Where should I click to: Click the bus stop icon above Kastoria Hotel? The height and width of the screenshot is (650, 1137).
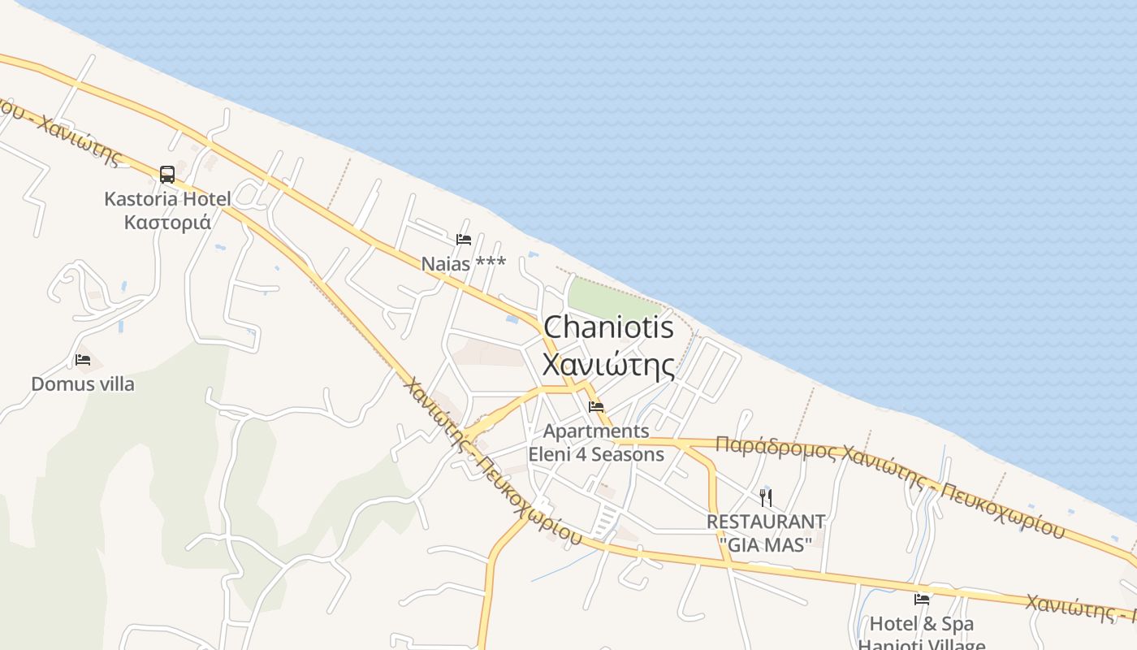click(166, 174)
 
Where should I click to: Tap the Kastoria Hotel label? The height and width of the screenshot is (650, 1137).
click(167, 199)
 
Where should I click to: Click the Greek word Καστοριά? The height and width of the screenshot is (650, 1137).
click(167, 222)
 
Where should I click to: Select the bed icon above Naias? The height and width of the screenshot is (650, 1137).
click(464, 240)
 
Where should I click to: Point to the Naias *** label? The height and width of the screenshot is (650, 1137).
click(463, 263)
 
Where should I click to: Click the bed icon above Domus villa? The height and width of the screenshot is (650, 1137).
click(83, 360)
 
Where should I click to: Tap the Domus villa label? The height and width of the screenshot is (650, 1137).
click(83, 383)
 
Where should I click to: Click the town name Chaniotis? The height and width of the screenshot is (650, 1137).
click(608, 327)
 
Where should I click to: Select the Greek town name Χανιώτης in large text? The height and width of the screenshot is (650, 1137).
click(608, 365)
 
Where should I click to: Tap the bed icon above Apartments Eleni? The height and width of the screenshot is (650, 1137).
click(597, 407)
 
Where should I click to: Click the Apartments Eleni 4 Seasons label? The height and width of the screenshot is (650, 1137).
click(596, 443)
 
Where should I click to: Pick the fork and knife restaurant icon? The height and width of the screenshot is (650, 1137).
click(765, 497)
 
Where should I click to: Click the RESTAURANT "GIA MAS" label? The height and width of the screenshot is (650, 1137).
click(765, 533)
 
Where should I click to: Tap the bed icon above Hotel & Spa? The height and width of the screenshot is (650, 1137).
click(922, 600)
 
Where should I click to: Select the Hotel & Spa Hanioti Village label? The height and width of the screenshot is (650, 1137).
click(922, 635)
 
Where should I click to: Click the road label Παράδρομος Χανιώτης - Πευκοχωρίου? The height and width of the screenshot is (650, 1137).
click(889, 484)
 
